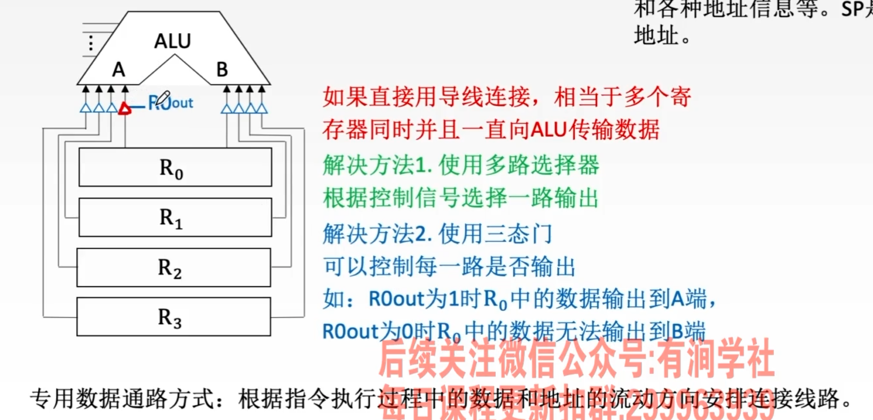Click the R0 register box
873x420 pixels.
175,167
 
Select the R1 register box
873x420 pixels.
175,217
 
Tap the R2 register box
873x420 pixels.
174,268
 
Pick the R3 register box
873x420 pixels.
174,317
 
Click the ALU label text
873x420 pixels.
173,41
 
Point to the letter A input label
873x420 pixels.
119,69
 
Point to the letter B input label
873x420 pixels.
222,69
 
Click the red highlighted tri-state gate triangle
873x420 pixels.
125,108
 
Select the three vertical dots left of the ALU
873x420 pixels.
91,43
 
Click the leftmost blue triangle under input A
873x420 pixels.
86,108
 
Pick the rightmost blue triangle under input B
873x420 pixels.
262,108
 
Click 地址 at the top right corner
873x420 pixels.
656,35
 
